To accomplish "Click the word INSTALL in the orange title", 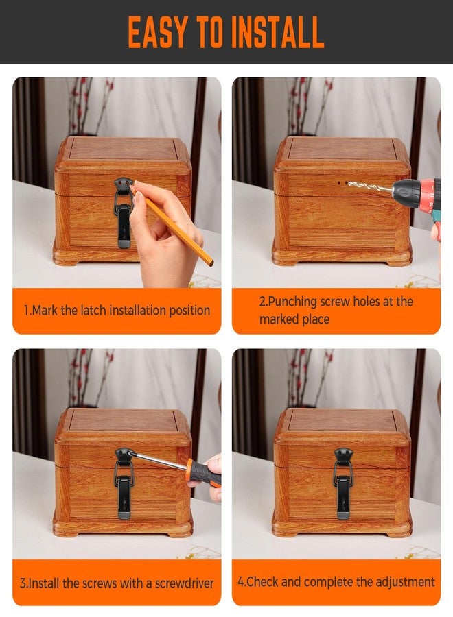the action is pyautogui.click(x=277, y=32).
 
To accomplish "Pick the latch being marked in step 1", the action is pyautogui.click(x=124, y=212).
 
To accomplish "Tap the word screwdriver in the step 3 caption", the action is pyautogui.click(x=185, y=583).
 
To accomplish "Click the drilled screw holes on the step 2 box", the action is pyautogui.click(x=342, y=183).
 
